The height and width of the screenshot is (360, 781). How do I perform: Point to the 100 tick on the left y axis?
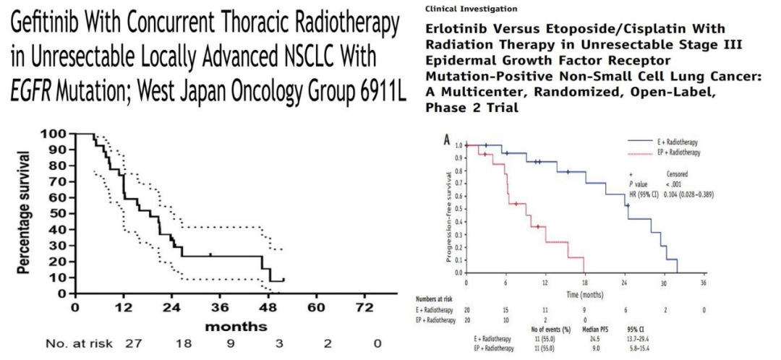click(57, 134)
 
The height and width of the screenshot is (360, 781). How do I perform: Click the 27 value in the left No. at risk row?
click(132, 344)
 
